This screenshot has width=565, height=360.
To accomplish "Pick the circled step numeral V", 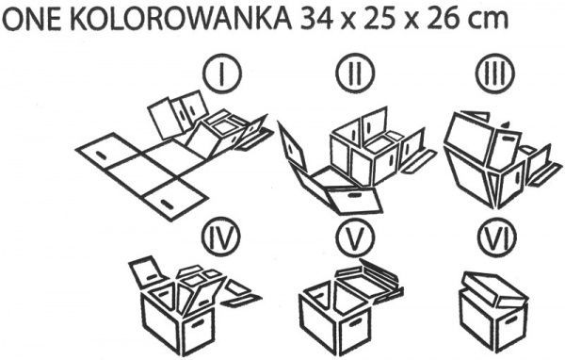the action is point(353,239).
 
